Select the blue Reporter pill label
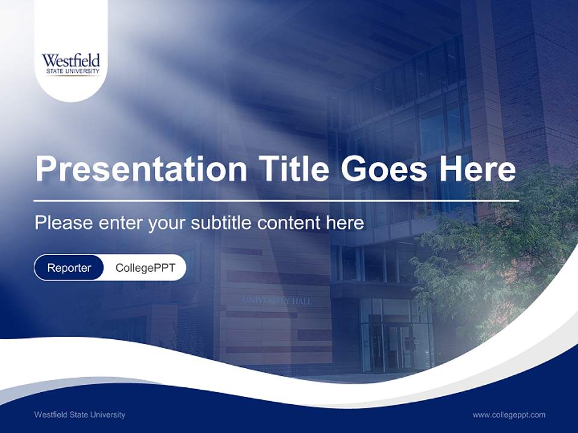coord(69,268)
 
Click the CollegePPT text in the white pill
coord(145,268)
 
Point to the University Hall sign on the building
coord(277,300)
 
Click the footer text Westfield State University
coord(80,414)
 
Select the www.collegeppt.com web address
coord(509,414)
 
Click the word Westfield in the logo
coord(71,61)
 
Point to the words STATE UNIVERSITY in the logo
coord(71,72)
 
